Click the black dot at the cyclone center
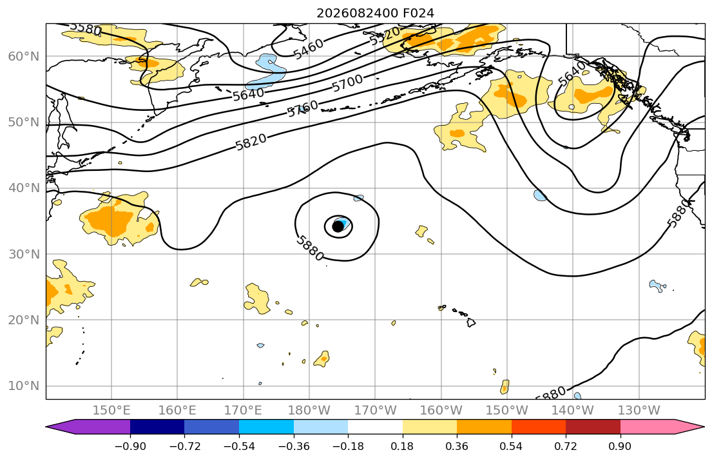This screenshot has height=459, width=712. click(x=338, y=226)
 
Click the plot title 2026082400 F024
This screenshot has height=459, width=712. click(x=375, y=13)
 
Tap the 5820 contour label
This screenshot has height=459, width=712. click(x=251, y=142)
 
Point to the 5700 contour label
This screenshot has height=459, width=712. click(x=347, y=83)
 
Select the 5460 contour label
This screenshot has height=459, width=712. click(x=309, y=48)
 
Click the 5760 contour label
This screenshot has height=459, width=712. click(x=303, y=109)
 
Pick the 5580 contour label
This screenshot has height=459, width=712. click(x=86, y=28)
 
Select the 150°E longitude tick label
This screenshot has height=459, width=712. click(x=111, y=411)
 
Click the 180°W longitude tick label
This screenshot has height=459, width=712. click(x=310, y=411)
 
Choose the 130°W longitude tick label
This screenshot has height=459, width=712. click(x=639, y=411)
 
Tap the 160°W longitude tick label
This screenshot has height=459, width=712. click(x=441, y=411)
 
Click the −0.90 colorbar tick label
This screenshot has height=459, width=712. click(x=130, y=446)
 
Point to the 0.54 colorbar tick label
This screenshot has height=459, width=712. click(x=512, y=446)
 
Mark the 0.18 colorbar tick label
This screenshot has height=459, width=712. click(x=402, y=446)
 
